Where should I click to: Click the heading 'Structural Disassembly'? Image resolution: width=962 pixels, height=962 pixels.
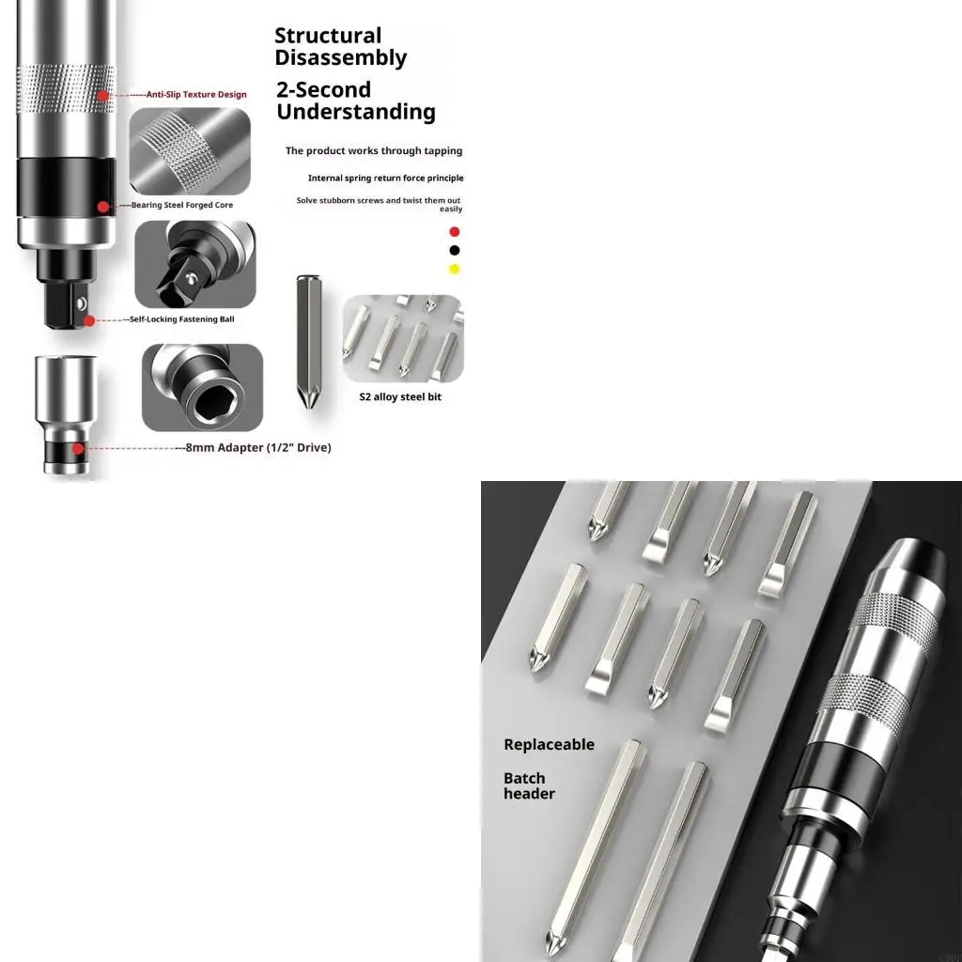pyautogui.click(x=340, y=46)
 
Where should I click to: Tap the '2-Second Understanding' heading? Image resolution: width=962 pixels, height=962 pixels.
pyautogui.click(x=356, y=101)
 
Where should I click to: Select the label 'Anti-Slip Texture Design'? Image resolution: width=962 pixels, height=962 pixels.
pyautogui.click(x=196, y=95)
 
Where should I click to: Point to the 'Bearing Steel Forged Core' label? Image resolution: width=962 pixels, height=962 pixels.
pyautogui.click(x=182, y=205)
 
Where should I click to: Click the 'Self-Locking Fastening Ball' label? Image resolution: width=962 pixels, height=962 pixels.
pyautogui.click(x=182, y=319)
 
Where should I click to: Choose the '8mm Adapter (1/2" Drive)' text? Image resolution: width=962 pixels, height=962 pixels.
pyautogui.click(x=258, y=448)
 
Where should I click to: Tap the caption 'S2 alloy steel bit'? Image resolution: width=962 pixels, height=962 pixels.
pyautogui.click(x=400, y=397)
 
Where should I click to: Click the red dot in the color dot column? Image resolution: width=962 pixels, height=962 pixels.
pyautogui.click(x=455, y=232)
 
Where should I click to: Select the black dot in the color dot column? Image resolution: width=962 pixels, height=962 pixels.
pyautogui.click(x=455, y=250)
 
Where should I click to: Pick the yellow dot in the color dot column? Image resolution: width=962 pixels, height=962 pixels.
pyautogui.click(x=455, y=269)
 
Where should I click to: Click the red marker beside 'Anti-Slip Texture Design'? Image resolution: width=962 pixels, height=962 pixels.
pyautogui.click(x=103, y=95)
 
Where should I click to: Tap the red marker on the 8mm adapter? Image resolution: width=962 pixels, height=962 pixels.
pyautogui.click(x=78, y=448)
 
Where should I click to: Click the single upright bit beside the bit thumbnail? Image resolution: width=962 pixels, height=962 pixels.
pyautogui.click(x=308, y=341)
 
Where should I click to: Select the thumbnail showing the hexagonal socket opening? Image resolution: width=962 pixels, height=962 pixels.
pyautogui.click(x=203, y=387)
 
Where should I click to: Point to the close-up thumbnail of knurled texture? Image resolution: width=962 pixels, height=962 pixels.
pyautogui.click(x=190, y=151)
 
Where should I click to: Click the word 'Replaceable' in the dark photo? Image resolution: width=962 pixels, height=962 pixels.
pyautogui.click(x=549, y=745)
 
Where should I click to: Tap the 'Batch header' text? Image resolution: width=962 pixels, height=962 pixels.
pyautogui.click(x=529, y=786)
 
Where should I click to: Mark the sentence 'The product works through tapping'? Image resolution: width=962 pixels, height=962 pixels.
pyautogui.click(x=374, y=151)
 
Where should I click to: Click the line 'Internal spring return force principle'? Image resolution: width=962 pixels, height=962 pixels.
pyautogui.click(x=385, y=178)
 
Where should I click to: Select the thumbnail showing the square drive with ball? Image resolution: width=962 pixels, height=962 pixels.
pyautogui.click(x=195, y=264)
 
